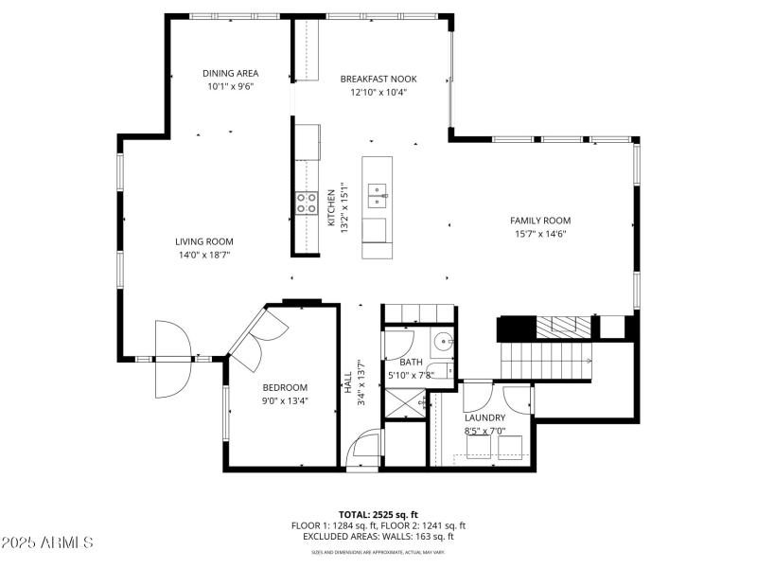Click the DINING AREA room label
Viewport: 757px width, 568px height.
[230, 73]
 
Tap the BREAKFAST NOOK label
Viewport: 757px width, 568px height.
[378, 79]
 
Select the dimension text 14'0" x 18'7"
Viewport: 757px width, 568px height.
[203, 255]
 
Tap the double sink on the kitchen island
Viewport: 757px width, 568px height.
[378, 196]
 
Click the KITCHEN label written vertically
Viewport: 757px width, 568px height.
[331, 207]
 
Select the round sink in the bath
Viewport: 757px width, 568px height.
[443, 342]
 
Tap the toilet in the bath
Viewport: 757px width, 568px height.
[438, 371]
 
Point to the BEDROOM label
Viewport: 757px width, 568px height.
[285, 387]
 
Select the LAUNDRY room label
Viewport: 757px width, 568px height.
[484, 417]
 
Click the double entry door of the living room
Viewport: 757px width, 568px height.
[172, 359]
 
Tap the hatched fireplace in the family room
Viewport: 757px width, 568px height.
[564, 328]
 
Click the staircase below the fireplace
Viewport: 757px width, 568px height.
[546, 360]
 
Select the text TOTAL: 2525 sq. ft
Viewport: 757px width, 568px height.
[378, 514]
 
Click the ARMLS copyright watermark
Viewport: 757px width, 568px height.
[47, 543]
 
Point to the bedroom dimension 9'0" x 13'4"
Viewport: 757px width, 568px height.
[285, 400]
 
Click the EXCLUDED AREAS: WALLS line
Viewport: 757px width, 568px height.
[378, 536]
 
